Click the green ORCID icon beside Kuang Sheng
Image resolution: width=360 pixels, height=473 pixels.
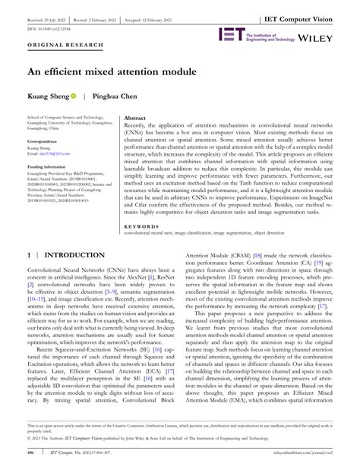[74, 98]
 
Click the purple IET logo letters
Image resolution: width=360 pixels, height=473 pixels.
[231, 35]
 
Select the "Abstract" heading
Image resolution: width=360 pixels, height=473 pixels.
[134, 119]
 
